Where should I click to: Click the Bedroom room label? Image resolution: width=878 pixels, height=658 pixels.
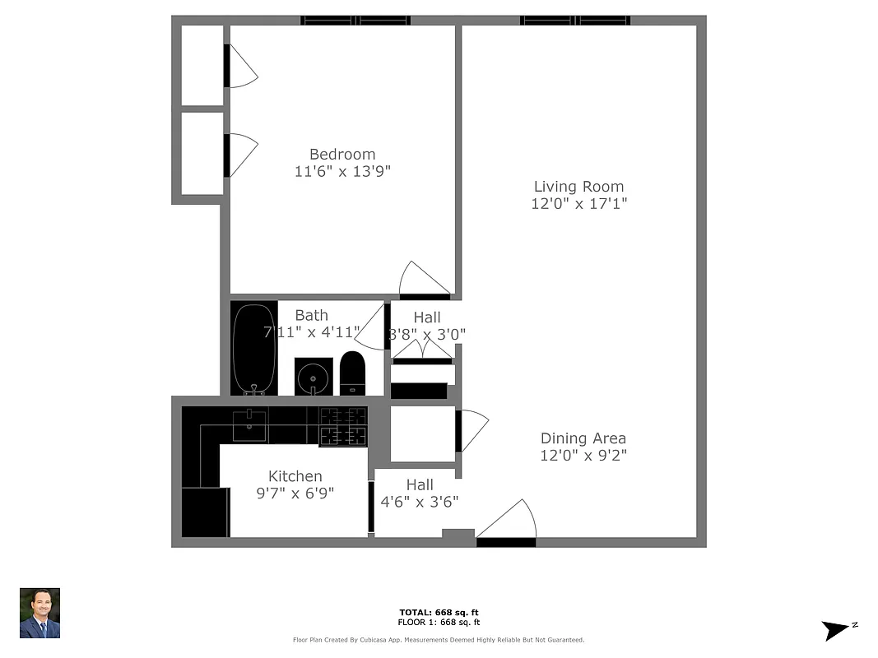[342, 154]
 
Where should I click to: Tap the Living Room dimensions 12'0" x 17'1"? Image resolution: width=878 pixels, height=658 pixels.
[578, 204]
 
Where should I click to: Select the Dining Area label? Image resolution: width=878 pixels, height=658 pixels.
[583, 438]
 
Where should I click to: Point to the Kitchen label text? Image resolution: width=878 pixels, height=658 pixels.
[295, 476]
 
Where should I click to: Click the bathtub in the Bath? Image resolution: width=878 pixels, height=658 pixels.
[256, 350]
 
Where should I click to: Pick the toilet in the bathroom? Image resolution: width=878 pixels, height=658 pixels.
[352, 373]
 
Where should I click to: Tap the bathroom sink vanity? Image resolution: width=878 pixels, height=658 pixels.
[314, 377]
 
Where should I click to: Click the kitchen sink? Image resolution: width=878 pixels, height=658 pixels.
[249, 425]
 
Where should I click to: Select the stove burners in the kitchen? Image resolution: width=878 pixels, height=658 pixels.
[343, 427]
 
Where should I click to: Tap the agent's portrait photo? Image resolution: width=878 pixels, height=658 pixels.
[39, 614]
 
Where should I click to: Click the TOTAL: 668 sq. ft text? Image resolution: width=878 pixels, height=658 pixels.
[439, 613]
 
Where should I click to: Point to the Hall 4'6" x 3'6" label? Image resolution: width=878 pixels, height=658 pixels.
[419, 493]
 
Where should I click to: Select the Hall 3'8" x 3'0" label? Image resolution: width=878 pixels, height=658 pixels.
[426, 326]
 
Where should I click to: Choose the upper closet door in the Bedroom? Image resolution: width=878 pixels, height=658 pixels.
[241, 67]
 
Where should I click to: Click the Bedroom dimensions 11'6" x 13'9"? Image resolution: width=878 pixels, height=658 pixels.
[342, 172]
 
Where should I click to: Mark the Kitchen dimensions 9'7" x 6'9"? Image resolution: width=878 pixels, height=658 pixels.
[295, 493]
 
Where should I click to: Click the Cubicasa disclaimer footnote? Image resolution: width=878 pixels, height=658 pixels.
[439, 640]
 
